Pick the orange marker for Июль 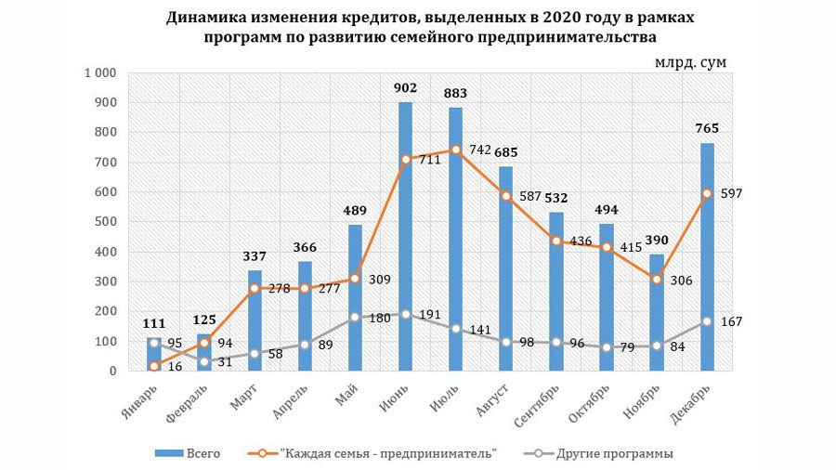(455, 150)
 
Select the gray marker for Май (355, 318)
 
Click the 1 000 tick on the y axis (98, 73)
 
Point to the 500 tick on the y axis (103, 222)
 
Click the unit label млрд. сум (689, 61)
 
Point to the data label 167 (734, 321)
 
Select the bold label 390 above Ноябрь (656, 241)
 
